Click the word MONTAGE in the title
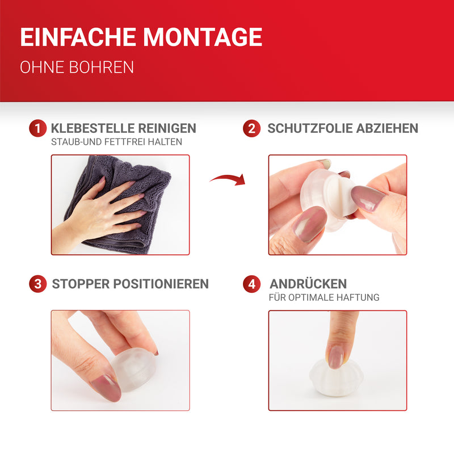tap(203, 37)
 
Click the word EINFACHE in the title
tap(78, 37)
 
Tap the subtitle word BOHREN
tap(102, 67)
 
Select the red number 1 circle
tap(37, 128)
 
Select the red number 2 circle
tap(251, 128)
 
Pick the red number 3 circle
tap(37, 284)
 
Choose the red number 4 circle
tap(251, 284)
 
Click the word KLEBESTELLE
tap(93, 128)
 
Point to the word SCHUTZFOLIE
tap(310, 128)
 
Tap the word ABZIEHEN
tap(387, 128)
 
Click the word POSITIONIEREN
tap(161, 284)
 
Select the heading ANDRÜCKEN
tap(308, 284)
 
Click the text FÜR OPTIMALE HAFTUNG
tap(324, 297)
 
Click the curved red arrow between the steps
tap(229, 179)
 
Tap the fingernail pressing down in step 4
tap(335, 358)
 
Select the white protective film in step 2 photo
tap(340, 194)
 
